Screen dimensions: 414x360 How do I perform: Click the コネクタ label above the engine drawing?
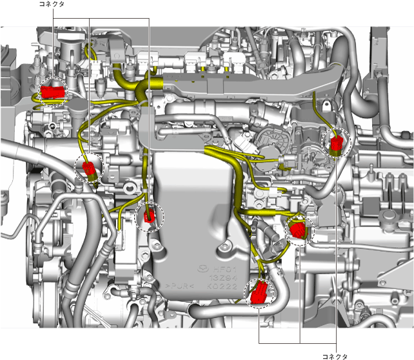click(52, 4)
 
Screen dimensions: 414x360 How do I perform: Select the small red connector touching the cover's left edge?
click(150, 216)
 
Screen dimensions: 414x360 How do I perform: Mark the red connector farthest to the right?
click(336, 145)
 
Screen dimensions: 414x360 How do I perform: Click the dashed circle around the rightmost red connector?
click(348, 143)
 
